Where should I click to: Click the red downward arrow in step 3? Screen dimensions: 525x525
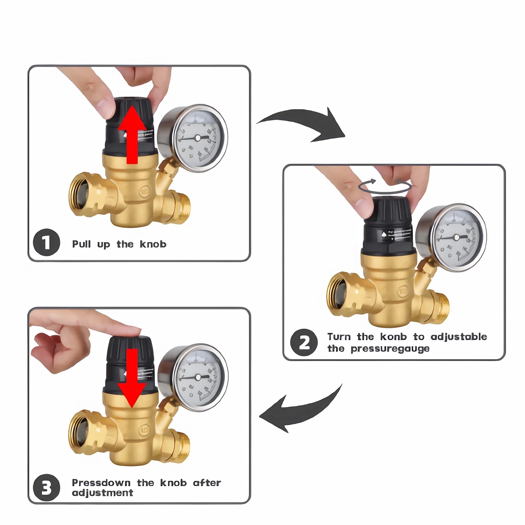pyautogui.click(x=132, y=378)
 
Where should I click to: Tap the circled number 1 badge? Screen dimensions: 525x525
pyautogui.click(x=47, y=242)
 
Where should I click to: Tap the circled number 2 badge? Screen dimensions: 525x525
pyautogui.click(x=304, y=343)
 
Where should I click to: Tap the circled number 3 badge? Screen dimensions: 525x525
pyautogui.click(x=47, y=487)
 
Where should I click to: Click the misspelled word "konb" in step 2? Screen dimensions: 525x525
pyautogui.click(x=393, y=337)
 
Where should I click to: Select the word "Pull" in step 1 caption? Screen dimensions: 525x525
pyautogui.click(x=82, y=244)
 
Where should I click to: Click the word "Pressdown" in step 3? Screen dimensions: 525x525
pyautogui.click(x=101, y=483)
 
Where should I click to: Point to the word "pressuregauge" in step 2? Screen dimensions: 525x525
pyautogui.click(x=390, y=349)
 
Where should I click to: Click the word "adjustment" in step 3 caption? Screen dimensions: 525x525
pyautogui.click(x=103, y=493)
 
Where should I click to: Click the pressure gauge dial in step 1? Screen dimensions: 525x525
pyautogui.click(x=198, y=139)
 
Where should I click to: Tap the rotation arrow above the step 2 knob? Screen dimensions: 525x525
pyautogui.click(x=385, y=187)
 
